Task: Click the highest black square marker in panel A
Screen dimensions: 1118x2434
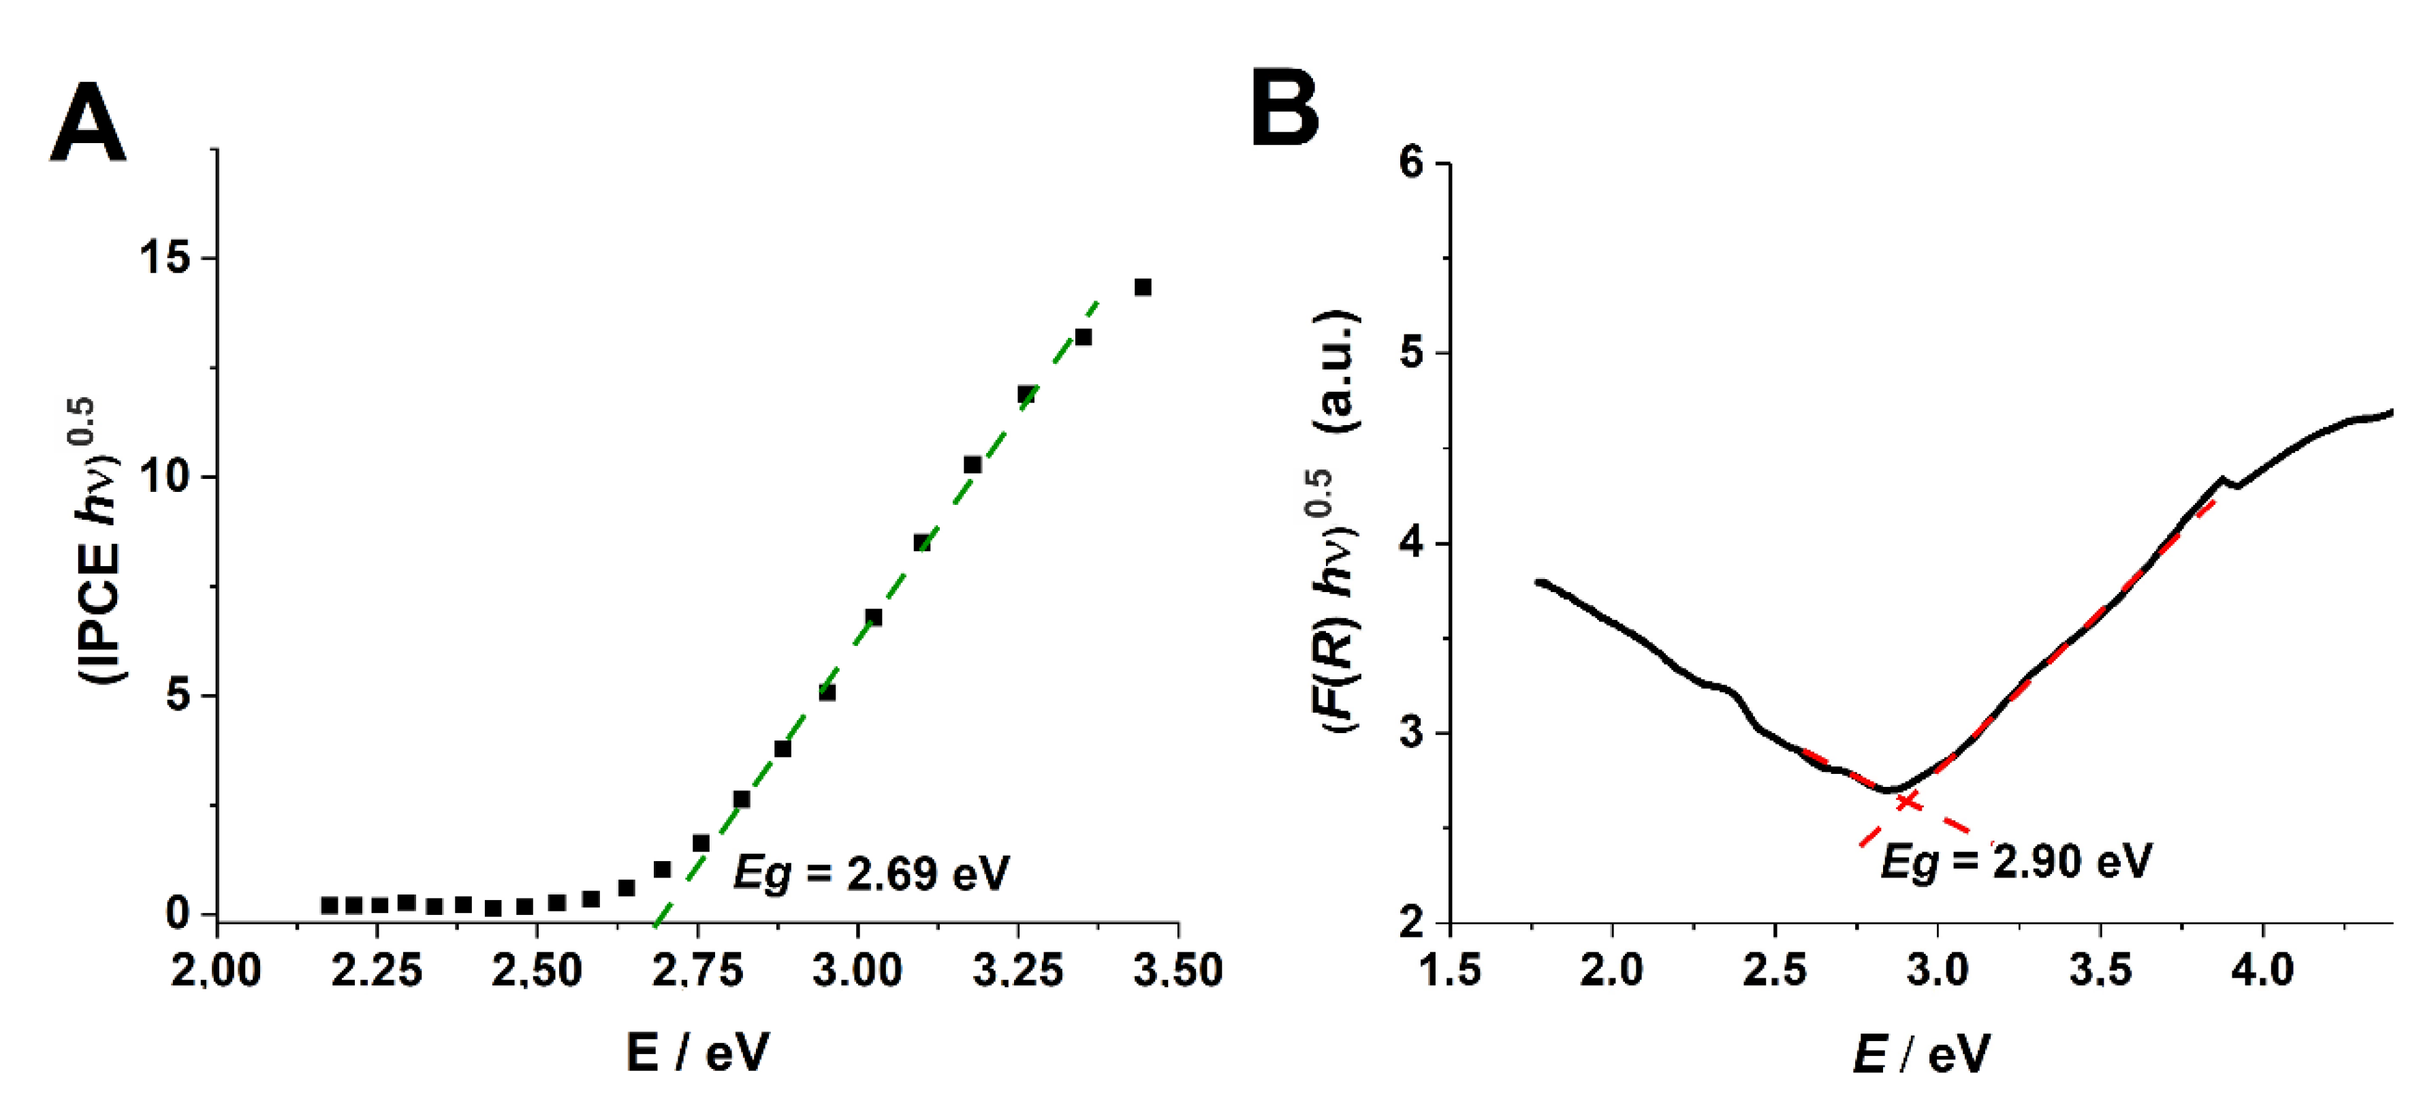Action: point(1142,288)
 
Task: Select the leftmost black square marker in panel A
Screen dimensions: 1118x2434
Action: point(329,905)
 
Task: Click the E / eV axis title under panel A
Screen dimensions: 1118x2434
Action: point(697,1052)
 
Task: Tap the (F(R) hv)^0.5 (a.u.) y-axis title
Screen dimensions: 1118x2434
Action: point(1335,520)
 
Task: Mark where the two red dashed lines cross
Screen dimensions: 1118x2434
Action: point(1908,801)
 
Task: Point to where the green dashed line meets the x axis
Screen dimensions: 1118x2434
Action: point(654,920)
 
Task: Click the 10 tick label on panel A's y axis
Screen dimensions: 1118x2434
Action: point(166,476)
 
